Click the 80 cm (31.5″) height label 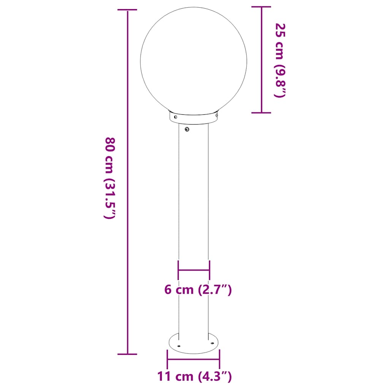[x=109, y=178]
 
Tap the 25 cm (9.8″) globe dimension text [x=280, y=60]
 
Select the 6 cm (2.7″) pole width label [x=198, y=290]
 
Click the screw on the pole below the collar [x=187, y=130]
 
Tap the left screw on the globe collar [x=175, y=117]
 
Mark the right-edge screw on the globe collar [x=217, y=114]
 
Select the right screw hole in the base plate [x=212, y=343]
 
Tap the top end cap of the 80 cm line [x=127, y=11]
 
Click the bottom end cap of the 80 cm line [x=127, y=354]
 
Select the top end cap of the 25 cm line [x=261, y=7]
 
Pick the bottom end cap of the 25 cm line [x=261, y=112]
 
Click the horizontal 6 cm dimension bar [x=194, y=270]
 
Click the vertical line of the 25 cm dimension [x=261, y=60]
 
